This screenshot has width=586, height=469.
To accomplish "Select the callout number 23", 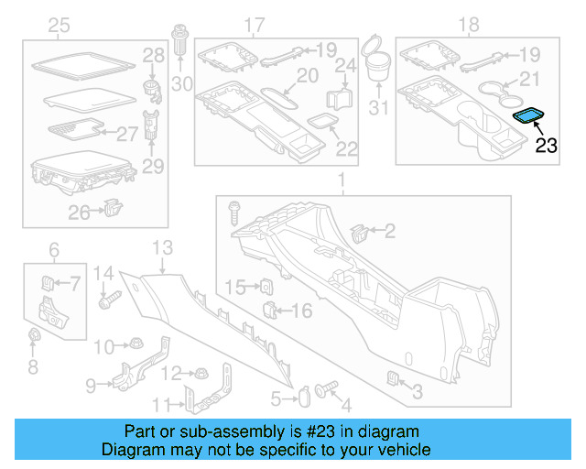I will point(546,144).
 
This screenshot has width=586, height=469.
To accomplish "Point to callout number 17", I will point(255,25).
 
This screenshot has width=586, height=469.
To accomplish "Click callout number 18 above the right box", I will point(472,26).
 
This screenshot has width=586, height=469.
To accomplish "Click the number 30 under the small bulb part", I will point(182,84).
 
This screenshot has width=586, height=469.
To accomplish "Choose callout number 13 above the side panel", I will point(161,246).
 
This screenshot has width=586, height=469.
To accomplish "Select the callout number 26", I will point(79,213).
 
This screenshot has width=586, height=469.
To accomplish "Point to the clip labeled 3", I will point(393,379).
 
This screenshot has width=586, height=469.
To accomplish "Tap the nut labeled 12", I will point(195,373).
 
